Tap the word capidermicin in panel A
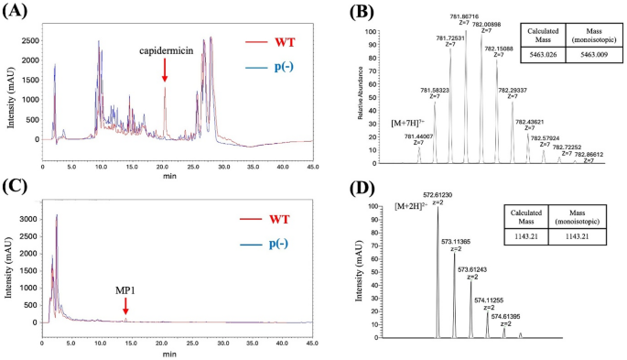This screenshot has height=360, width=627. coord(165,51)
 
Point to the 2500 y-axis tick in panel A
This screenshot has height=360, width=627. coord(28,41)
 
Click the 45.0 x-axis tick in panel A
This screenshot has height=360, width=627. coord(310,168)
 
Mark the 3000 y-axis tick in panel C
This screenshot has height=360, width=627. coord(28,220)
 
